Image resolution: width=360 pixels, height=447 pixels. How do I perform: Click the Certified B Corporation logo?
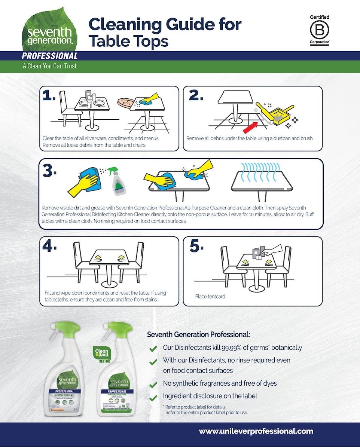point(319,30)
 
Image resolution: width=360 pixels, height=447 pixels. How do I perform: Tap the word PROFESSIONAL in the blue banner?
point(50,56)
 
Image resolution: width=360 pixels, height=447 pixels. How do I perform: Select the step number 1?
point(49,96)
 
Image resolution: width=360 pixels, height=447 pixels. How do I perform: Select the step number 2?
point(196,96)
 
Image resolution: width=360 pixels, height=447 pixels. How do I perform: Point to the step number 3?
point(49,171)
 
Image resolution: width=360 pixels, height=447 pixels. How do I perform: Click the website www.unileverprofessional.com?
point(256,431)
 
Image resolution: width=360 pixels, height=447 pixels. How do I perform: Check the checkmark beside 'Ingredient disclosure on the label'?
point(153,397)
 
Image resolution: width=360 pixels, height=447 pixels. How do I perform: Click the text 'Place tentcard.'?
point(211,297)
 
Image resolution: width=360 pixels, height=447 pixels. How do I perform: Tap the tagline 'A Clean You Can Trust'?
point(50,66)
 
